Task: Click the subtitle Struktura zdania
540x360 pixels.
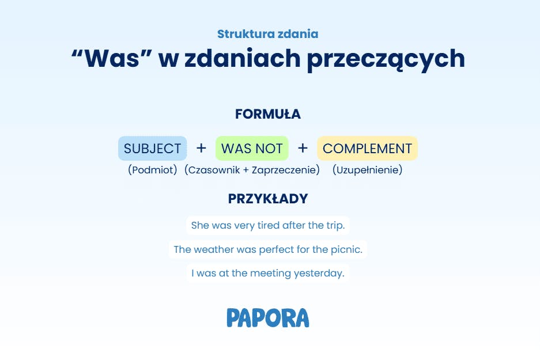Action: click(267, 34)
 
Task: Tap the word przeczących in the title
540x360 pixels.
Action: click(386, 59)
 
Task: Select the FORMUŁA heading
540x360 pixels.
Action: click(268, 114)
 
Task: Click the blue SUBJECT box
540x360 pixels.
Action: click(153, 149)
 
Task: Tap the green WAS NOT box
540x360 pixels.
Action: click(252, 149)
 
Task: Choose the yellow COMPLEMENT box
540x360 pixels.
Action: click(368, 149)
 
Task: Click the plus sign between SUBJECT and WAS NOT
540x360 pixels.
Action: click(201, 148)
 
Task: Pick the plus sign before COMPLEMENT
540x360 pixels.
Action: click(303, 148)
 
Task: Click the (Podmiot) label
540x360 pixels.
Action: click(153, 170)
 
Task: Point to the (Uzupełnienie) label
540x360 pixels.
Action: click(368, 170)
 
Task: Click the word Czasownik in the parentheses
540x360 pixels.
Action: click(214, 170)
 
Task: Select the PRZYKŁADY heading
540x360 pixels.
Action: click(268, 199)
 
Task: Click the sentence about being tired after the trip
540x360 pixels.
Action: click(268, 225)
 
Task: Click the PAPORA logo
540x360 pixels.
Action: click(268, 318)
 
